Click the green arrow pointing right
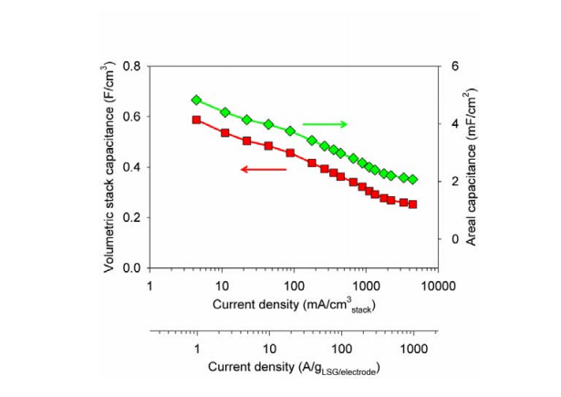(x=326, y=123)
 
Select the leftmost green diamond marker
(x=196, y=99)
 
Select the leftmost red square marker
(x=196, y=120)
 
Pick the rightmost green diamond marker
(x=412, y=180)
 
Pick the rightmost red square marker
(x=412, y=204)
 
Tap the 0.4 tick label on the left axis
(x=131, y=167)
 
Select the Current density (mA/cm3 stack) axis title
(x=295, y=305)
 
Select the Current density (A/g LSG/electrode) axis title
(x=294, y=370)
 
